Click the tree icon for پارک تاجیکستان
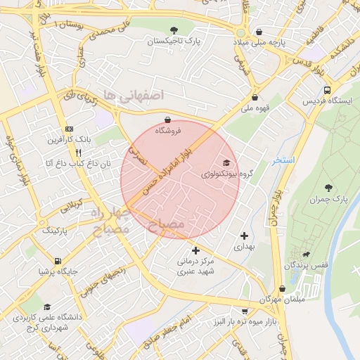coord(174,30)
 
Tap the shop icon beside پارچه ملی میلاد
coord(260,32)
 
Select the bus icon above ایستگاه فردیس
coord(327,90)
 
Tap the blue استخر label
coord(284,161)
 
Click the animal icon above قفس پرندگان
coord(306,254)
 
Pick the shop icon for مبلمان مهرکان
coord(282,288)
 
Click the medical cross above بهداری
coord(244,236)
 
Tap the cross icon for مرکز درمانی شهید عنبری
coord(195,250)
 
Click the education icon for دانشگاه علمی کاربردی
coord(47,307)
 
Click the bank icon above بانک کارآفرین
coord(69,129)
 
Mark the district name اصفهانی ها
coord(133,94)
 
